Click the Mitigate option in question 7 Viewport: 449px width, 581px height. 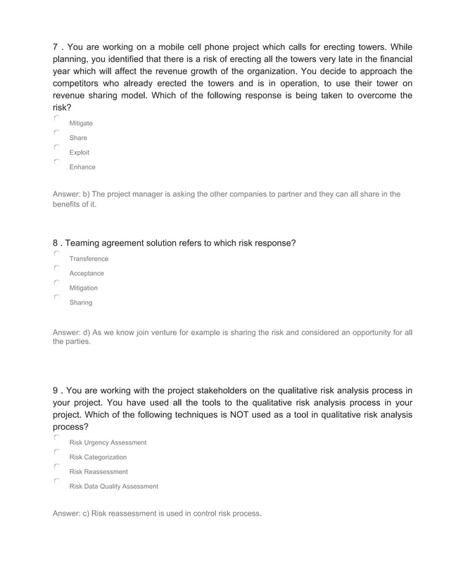click(x=80, y=123)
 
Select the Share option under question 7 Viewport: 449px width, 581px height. click(x=78, y=138)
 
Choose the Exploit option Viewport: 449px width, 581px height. click(x=79, y=153)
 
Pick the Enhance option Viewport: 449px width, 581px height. click(x=82, y=167)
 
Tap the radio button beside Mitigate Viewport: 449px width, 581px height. click(x=56, y=118)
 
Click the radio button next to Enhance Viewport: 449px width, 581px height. click(x=56, y=162)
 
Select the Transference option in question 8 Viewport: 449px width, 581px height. click(x=89, y=259)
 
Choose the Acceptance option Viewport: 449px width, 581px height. click(x=86, y=274)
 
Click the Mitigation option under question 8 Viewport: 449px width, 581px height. click(x=83, y=288)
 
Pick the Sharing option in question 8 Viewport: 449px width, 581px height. click(x=80, y=303)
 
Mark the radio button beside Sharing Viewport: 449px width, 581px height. click(x=56, y=298)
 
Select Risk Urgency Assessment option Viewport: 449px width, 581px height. click(x=108, y=442)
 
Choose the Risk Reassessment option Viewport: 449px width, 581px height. click(x=99, y=472)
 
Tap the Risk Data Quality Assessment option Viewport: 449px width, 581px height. click(x=113, y=487)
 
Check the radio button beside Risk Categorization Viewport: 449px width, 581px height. click(x=56, y=452)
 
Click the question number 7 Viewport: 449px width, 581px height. click(x=56, y=46)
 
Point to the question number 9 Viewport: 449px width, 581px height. click(x=56, y=391)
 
